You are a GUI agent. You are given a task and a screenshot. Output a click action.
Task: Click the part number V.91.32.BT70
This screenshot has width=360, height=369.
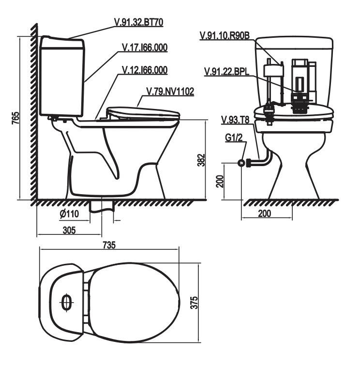tap(138, 22)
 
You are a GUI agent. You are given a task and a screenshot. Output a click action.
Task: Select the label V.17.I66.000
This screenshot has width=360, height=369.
tap(145, 47)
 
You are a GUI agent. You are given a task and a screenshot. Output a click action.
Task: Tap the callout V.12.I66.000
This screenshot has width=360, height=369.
tap(145, 70)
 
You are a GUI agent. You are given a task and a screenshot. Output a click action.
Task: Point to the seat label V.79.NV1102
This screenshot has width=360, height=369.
tap(170, 92)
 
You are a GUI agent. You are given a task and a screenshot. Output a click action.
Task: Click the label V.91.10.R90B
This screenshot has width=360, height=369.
tap(225, 35)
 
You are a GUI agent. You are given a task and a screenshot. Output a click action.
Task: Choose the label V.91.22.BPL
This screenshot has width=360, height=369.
tap(226, 71)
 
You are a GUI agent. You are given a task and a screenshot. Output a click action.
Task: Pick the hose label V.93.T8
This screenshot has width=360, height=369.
tap(235, 120)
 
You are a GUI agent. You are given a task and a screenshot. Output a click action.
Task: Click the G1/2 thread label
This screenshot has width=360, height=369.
tap(234, 138)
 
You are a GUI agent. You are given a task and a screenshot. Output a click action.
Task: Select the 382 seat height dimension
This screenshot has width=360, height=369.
tap(201, 160)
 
